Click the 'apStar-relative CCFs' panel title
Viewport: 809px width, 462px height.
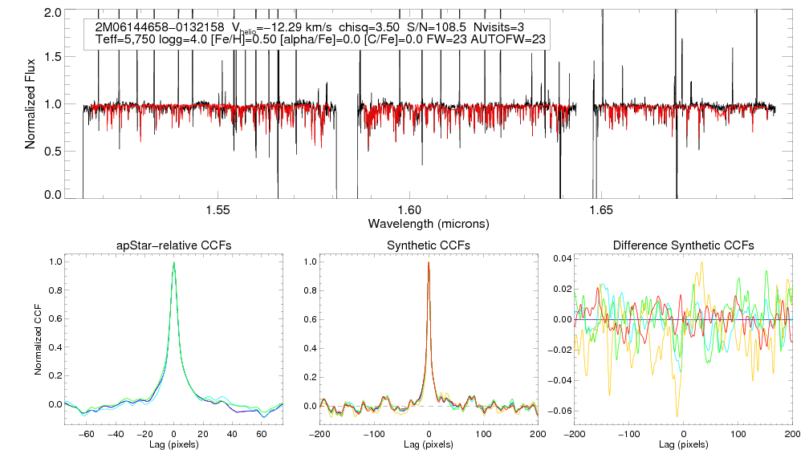(x=173, y=245)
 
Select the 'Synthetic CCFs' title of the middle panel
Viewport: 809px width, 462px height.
(x=429, y=245)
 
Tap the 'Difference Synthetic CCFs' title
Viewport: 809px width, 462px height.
(x=683, y=245)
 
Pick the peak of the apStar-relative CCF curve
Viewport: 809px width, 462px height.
(x=173, y=263)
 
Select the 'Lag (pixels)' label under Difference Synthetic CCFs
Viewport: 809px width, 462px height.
(x=683, y=444)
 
